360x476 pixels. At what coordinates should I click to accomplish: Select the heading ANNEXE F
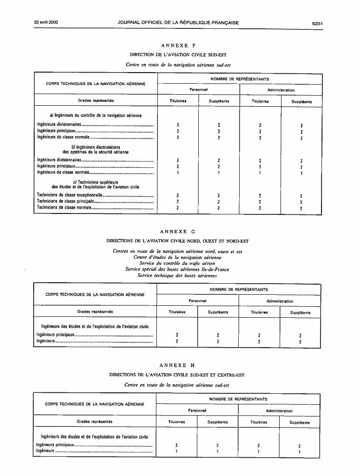178,45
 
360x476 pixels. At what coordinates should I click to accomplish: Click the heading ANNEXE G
178,232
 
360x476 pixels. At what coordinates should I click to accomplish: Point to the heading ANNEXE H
178,365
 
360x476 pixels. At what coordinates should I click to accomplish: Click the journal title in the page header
178,23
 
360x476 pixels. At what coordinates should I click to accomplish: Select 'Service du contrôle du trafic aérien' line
177,263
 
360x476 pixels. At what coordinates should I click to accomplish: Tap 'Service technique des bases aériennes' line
177,276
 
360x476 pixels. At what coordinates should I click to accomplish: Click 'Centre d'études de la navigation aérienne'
177,257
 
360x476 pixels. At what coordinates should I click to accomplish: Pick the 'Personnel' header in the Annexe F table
198,89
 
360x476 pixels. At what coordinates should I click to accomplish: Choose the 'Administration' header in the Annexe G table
280,301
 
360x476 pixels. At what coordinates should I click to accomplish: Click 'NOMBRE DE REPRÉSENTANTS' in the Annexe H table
238,399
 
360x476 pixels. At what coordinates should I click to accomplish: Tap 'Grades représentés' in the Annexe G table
95,312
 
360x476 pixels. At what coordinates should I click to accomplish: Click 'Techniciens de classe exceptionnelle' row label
69,195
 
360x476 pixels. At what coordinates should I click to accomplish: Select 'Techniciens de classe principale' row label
65,201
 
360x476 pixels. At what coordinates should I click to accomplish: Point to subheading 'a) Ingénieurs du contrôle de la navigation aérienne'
96,115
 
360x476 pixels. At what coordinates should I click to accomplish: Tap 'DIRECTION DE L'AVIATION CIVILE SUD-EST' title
178,55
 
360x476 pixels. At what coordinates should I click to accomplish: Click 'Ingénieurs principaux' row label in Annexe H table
56,445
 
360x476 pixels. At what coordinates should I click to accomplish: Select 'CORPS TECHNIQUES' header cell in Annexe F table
96,84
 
